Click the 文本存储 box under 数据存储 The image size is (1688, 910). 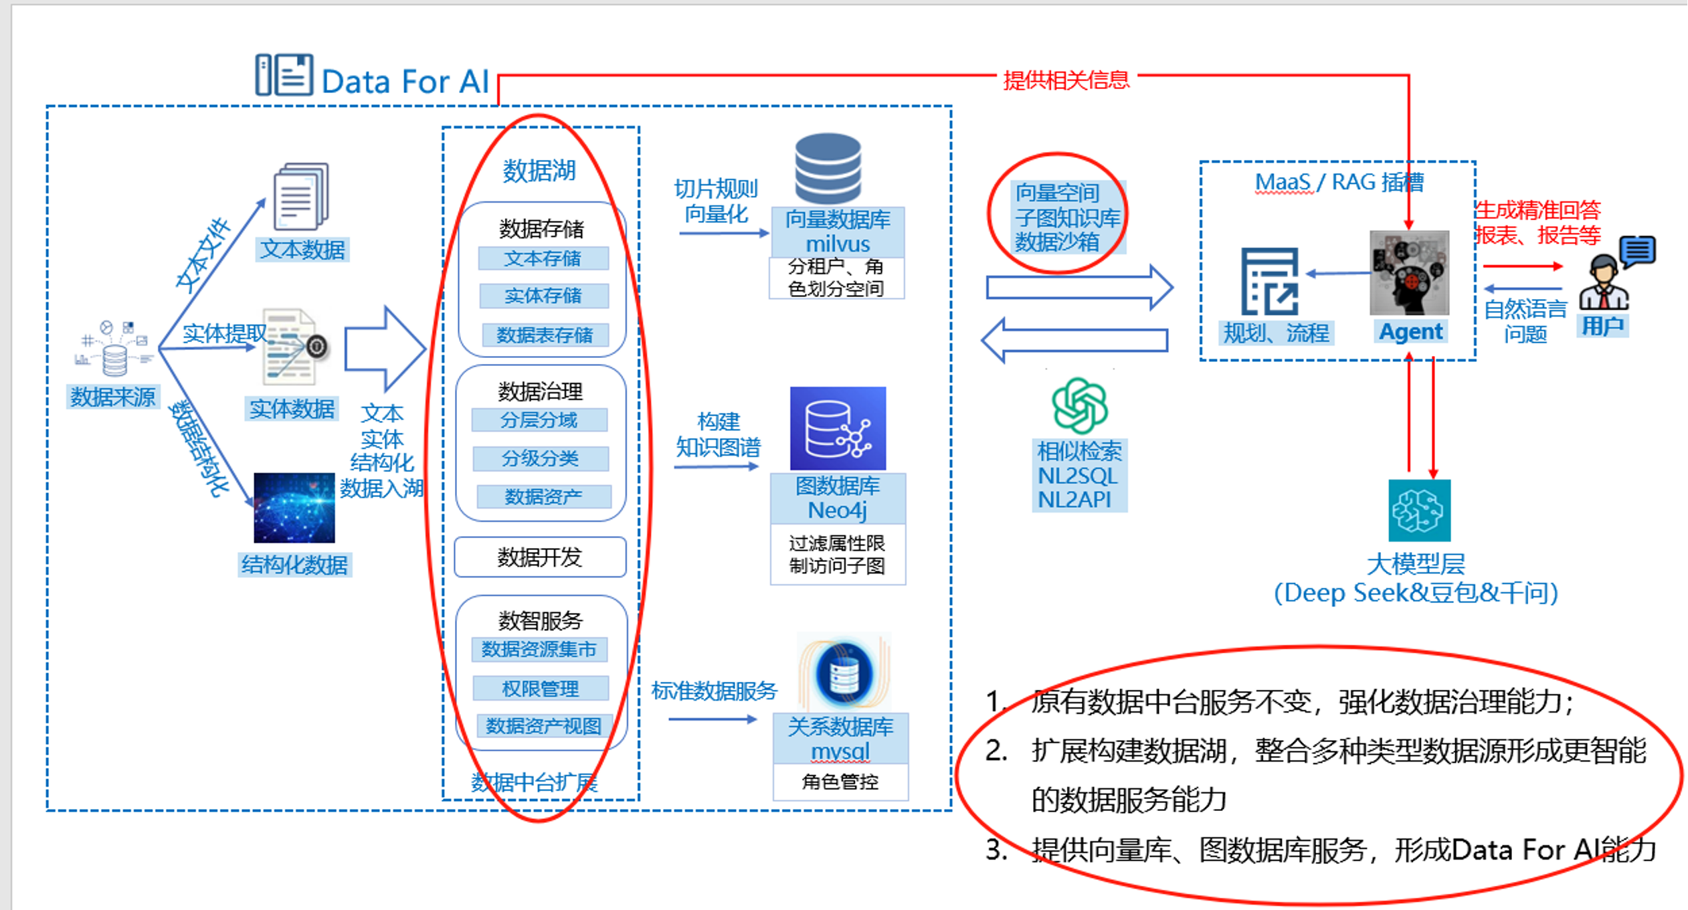pyautogui.click(x=543, y=258)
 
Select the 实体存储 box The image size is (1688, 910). pyautogui.click(x=543, y=296)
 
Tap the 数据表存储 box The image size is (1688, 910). pyautogui.click(x=543, y=335)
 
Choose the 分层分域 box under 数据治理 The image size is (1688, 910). pyautogui.click(x=539, y=420)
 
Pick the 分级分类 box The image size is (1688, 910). pyautogui.click(x=540, y=458)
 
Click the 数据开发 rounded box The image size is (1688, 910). pyautogui.click(x=539, y=557)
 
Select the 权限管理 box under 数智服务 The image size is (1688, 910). pyautogui.click(x=540, y=688)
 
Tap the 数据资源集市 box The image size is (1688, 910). pyautogui.click(x=539, y=649)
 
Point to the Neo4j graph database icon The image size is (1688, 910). pyautogui.click(x=838, y=428)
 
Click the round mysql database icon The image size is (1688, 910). pyautogui.click(x=844, y=673)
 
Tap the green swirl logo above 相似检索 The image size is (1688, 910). pyautogui.click(x=1079, y=405)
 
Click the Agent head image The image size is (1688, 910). pyautogui.click(x=1409, y=273)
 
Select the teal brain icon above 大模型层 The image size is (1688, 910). pyautogui.click(x=1419, y=511)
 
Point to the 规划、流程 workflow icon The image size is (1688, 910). pyautogui.click(x=1269, y=281)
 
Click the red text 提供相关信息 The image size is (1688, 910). pyautogui.click(x=1066, y=80)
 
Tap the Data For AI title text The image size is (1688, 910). pyautogui.click(x=405, y=82)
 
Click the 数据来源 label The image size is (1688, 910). pyautogui.click(x=113, y=397)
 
